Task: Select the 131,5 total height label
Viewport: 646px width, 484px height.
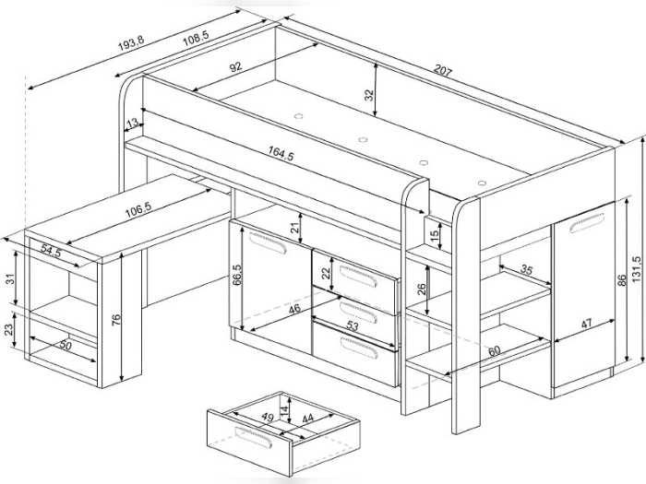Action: (x=637, y=269)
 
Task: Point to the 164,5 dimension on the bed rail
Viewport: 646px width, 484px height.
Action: (x=281, y=154)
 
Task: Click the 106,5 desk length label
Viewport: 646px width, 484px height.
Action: (x=138, y=210)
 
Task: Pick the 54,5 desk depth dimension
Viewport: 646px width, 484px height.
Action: (x=51, y=251)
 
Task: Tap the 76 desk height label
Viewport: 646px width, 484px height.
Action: (x=115, y=320)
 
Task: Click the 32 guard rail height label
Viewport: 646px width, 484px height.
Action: (x=369, y=95)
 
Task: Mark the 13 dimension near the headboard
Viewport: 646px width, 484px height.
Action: (x=133, y=123)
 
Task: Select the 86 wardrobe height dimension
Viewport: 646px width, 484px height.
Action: (x=622, y=280)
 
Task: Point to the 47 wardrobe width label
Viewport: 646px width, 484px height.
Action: (x=586, y=323)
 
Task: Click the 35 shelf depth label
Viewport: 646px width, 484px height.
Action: (x=526, y=269)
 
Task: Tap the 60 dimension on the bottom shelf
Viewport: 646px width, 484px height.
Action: (x=494, y=350)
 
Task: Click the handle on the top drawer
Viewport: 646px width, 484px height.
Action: (x=358, y=276)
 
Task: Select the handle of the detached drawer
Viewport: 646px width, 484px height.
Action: (x=253, y=438)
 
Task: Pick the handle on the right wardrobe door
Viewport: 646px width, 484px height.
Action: (x=587, y=223)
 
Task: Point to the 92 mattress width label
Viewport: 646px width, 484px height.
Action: (x=235, y=67)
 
